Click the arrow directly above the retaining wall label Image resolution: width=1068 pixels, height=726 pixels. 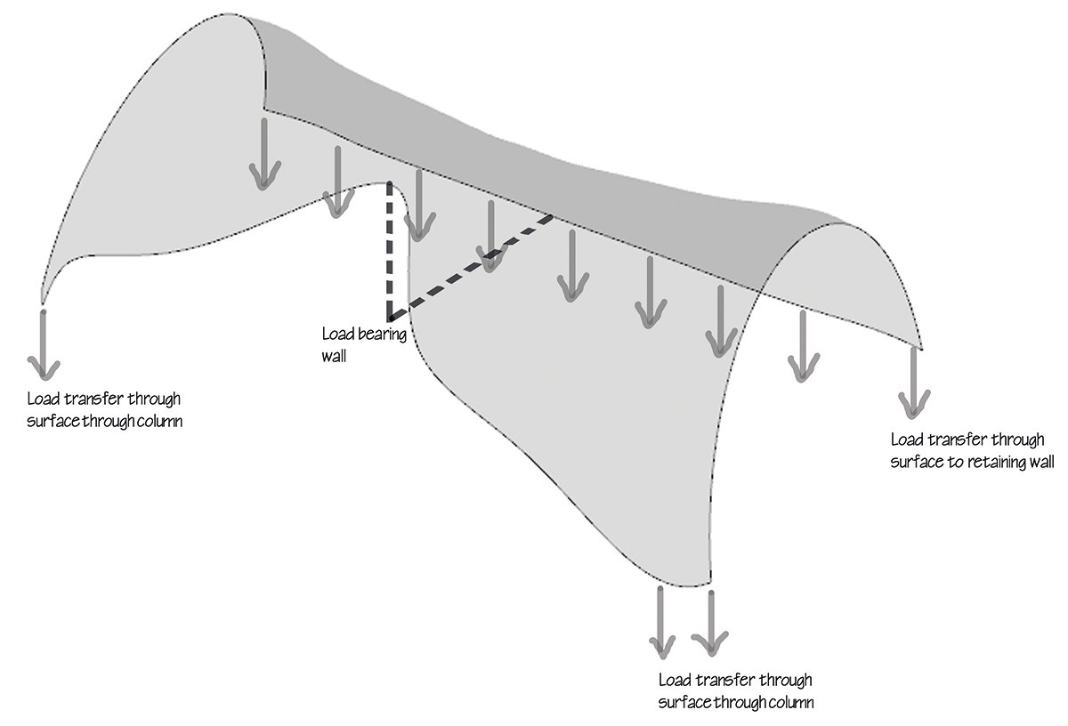(x=913, y=383)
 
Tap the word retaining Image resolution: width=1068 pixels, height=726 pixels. (x=991, y=462)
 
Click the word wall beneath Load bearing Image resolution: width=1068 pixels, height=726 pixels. (x=334, y=355)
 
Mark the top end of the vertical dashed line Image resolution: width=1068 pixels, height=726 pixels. (x=390, y=185)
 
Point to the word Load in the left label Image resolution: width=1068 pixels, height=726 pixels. (x=44, y=399)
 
